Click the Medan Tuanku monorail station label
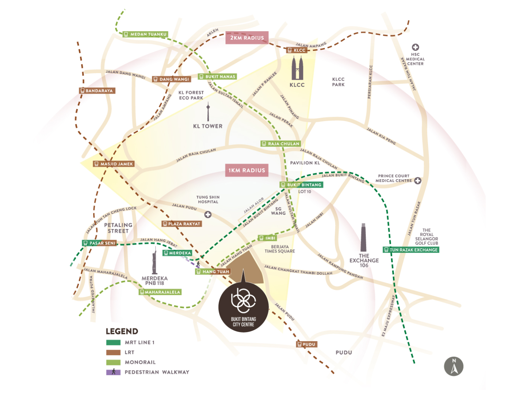point(145,34)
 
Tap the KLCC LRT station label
point(297,50)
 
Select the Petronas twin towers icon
point(297,68)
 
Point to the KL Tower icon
point(208,111)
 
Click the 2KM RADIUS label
point(246,38)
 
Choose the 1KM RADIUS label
point(246,170)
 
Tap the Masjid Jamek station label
point(114,164)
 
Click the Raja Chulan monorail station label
point(280,143)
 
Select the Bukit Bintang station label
point(301,185)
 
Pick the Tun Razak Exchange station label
point(410,249)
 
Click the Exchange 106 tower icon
point(363,237)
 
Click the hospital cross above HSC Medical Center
point(415,47)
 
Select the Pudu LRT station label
point(306,344)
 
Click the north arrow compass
point(453,366)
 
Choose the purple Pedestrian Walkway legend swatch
point(113,372)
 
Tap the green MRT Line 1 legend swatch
point(113,342)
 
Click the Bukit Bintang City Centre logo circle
point(243,307)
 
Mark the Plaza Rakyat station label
point(181,223)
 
